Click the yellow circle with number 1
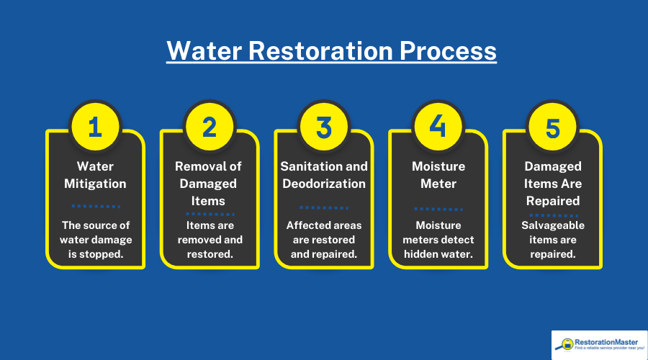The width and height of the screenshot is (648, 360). click(x=95, y=127)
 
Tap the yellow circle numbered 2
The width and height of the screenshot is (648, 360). click(x=209, y=127)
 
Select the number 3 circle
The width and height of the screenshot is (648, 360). click(x=324, y=127)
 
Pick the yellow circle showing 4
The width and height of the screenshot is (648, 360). click(x=438, y=127)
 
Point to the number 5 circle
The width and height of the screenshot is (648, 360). click(x=552, y=127)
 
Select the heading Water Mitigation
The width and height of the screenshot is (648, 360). click(x=95, y=175)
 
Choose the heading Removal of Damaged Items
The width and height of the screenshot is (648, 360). click(x=209, y=184)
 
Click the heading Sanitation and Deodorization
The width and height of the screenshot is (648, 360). click(x=324, y=175)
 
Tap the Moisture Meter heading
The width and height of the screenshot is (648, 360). click(x=438, y=175)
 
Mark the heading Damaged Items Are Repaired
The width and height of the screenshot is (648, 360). click(x=552, y=184)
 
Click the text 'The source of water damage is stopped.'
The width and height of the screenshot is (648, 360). click(x=95, y=240)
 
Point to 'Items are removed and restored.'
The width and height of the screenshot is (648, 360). click(x=209, y=240)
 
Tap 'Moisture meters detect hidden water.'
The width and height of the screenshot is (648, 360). click(x=438, y=240)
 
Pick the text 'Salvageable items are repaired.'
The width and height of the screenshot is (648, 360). click(x=552, y=240)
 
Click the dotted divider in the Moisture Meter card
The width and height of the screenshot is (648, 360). click(x=438, y=209)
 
